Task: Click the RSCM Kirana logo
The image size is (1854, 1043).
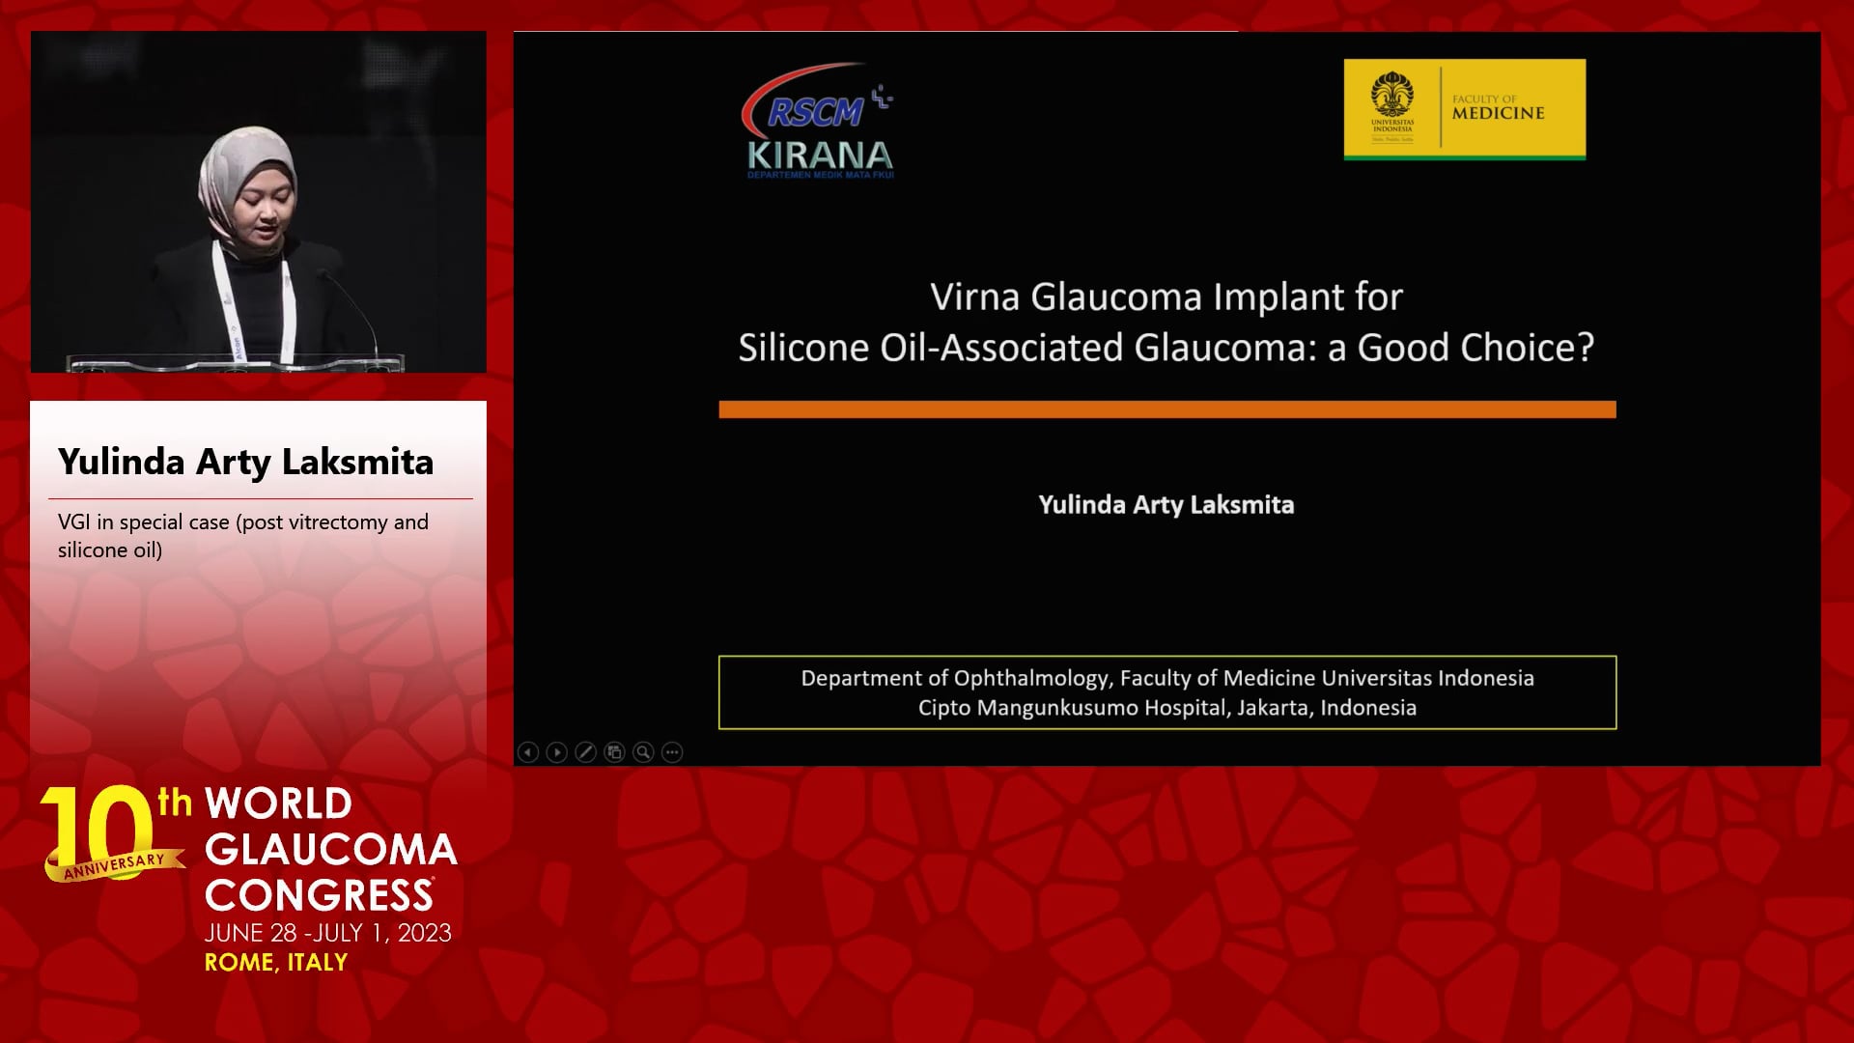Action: [818, 122]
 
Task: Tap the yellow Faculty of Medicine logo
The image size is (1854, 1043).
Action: [1465, 109]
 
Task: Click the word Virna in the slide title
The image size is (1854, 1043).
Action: [974, 296]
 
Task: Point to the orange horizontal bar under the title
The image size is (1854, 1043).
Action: [1167, 409]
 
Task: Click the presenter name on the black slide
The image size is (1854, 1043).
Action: [1166, 505]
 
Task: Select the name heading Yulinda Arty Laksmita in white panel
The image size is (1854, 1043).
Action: [245, 463]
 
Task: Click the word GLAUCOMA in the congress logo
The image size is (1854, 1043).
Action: [331, 850]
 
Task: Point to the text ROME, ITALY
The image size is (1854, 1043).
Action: [276, 963]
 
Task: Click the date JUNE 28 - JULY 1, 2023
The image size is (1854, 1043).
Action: [328, 933]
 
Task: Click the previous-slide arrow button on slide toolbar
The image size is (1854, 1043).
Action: [528, 752]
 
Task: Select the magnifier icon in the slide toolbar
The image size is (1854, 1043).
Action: [644, 752]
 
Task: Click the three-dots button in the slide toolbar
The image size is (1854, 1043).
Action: [673, 752]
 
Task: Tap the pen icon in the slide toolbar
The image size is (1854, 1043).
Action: [586, 752]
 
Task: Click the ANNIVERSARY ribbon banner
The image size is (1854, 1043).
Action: [114, 865]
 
